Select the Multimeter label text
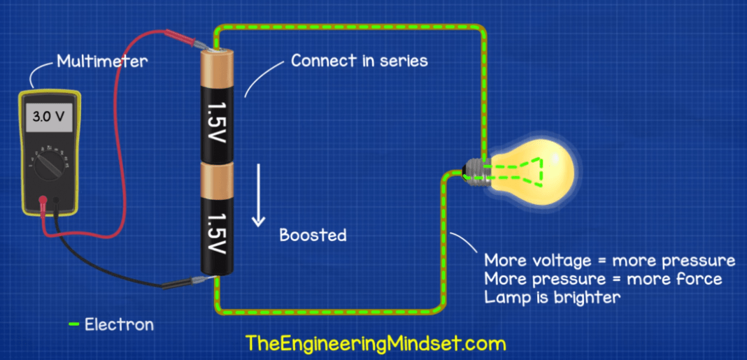pos(102,62)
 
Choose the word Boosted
pos(313,235)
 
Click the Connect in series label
pos(359,60)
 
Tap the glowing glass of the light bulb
pos(539,171)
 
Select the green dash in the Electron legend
pos(73,324)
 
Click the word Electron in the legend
pos(119,324)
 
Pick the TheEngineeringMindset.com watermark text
pos(375,343)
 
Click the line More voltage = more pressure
pos(609,261)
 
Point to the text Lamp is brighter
pos(553,297)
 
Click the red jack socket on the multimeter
pos(43,199)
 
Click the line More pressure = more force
pos(603,279)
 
